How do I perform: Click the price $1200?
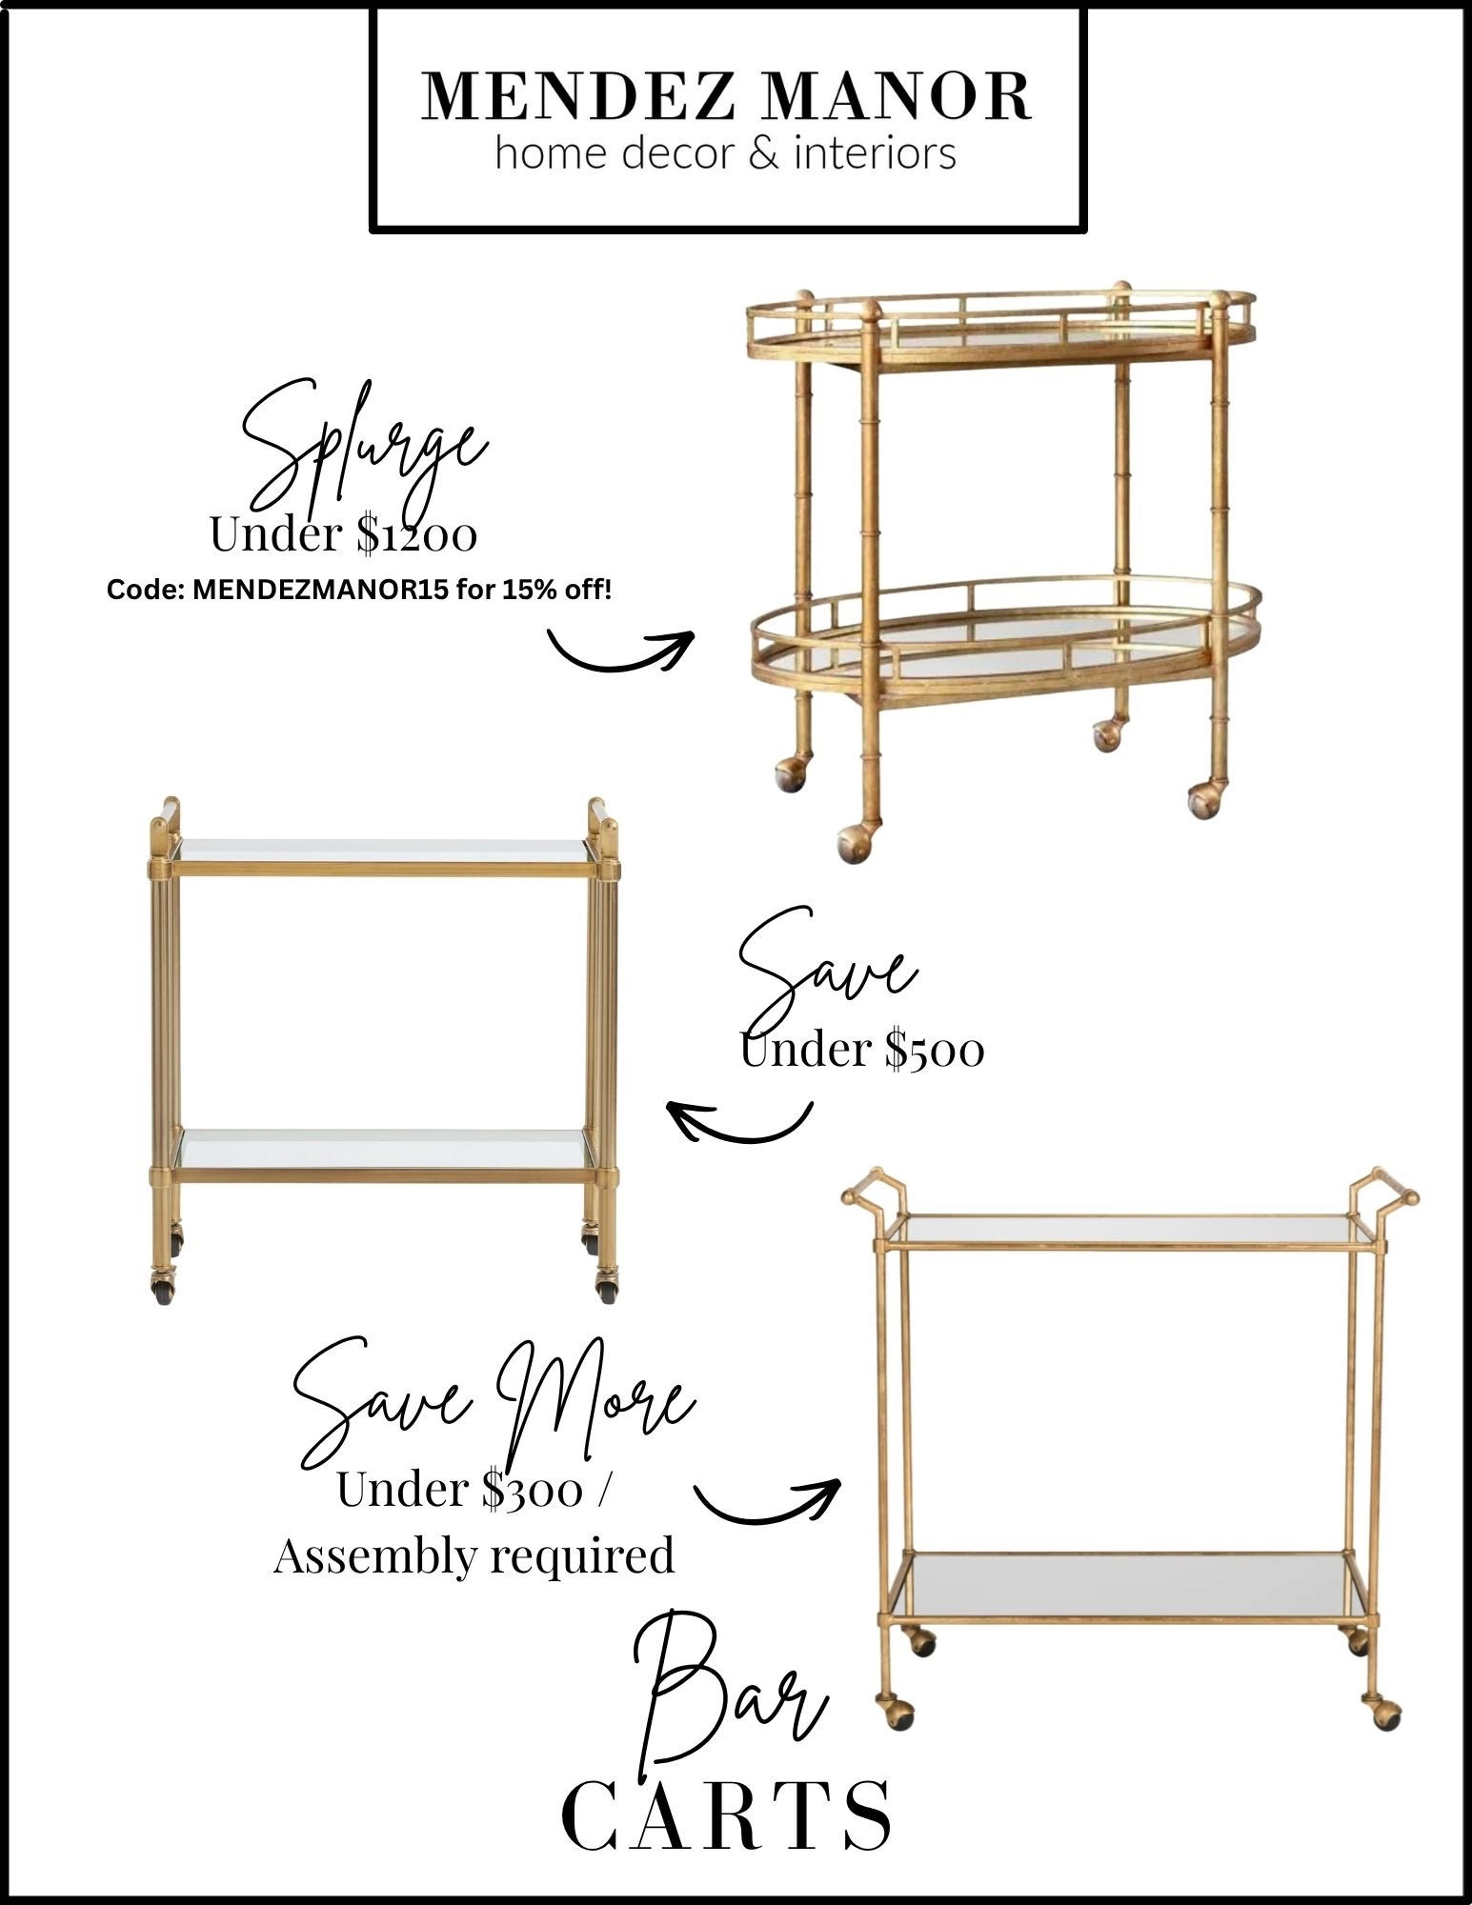click(x=416, y=535)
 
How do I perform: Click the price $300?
click(x=531, y=1492)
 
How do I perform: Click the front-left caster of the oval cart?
click(x=853, y=842)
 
